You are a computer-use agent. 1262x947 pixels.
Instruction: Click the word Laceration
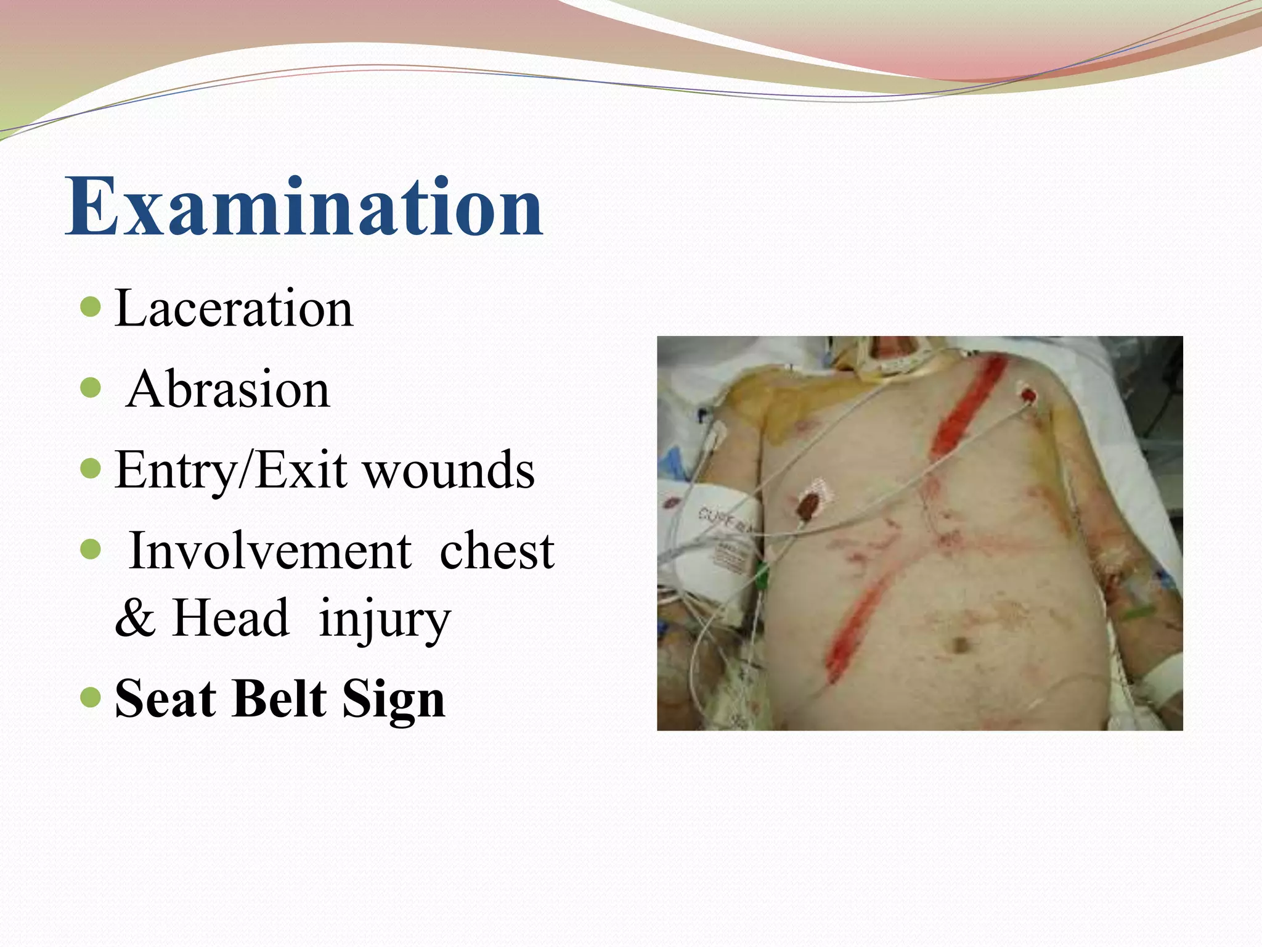[x=234, y=308]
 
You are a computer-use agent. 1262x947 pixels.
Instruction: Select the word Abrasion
[x=228, y=390]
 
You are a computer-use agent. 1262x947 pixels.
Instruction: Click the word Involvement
[x=270, y=551]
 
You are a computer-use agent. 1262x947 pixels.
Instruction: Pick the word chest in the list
[x=497, y=551]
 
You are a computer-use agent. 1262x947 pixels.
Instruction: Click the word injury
[x=385, y=620]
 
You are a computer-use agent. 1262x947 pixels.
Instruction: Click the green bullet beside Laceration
[x=91, y=306]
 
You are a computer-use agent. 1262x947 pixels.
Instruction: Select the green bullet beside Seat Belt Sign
[x=91, y=697]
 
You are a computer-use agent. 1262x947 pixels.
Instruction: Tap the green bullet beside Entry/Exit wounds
[x=91, y=469]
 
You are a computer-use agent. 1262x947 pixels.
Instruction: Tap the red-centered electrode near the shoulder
[x=1027, y=393]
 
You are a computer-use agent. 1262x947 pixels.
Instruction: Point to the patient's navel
[x=959, y=645]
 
